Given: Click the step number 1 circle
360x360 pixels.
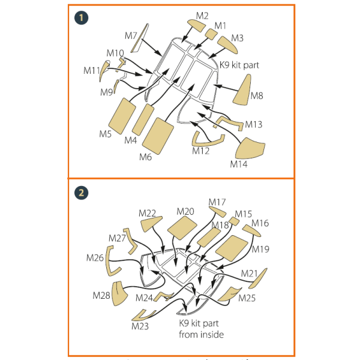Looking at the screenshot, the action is pyautogui.click(x=81, y=18).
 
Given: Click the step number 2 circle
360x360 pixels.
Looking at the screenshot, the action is pyautogui.click(x=81, y=193).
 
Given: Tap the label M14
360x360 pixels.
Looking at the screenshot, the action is pyautogui.click(x=239, y=164).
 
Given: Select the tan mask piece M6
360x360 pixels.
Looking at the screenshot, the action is pyautogui.click(x=158, y=136).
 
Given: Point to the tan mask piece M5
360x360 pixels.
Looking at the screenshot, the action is pyautogui.click(x=122, y=116).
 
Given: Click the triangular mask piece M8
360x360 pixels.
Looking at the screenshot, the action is pyautogui.click(x=243, y=91).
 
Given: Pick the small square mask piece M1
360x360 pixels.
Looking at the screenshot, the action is pyautogui.click(x=211, y=33).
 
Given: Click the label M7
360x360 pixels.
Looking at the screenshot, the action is pyautogui.click(x=131, y=36).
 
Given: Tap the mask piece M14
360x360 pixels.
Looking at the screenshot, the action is pyautogui.click(x=250, y=149).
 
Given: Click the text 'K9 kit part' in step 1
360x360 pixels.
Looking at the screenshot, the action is pyautogui.click(x=239, y=65).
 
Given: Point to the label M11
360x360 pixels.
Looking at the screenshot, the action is pyautogui.click(x=92, y=70).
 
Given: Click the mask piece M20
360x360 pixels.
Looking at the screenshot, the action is pyautogui.click(x=182, y=228).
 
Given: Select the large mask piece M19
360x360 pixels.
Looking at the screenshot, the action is pyautogui.click(x=232, y=248).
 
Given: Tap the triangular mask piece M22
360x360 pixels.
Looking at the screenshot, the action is pyautogui.click(x=151, y=224).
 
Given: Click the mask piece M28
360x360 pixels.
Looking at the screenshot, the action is pyautogui.click(x=119, y=293).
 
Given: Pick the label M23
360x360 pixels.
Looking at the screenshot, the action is pyautogui.click(x=140, y=326).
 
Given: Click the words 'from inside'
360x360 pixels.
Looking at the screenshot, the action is pyautogui.click(x=202, y=335).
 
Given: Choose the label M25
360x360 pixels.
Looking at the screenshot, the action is pyautogui.click(x=247, y=298).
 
